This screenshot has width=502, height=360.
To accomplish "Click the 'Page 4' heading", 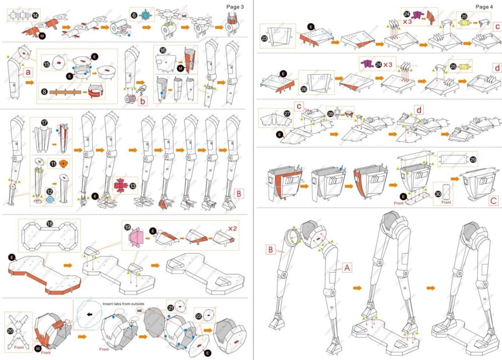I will pyautogui.click(x=484, y=6).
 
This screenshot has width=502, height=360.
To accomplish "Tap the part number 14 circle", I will pyautogui.click(x=36, y=16).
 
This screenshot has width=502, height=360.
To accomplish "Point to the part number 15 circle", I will pyautogui.click(x=47, y=64).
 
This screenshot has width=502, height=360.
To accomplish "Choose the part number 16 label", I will pyautogui.click(x=163, y=51).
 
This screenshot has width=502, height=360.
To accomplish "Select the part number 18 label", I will pyautogui.click(x=50, y=224).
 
